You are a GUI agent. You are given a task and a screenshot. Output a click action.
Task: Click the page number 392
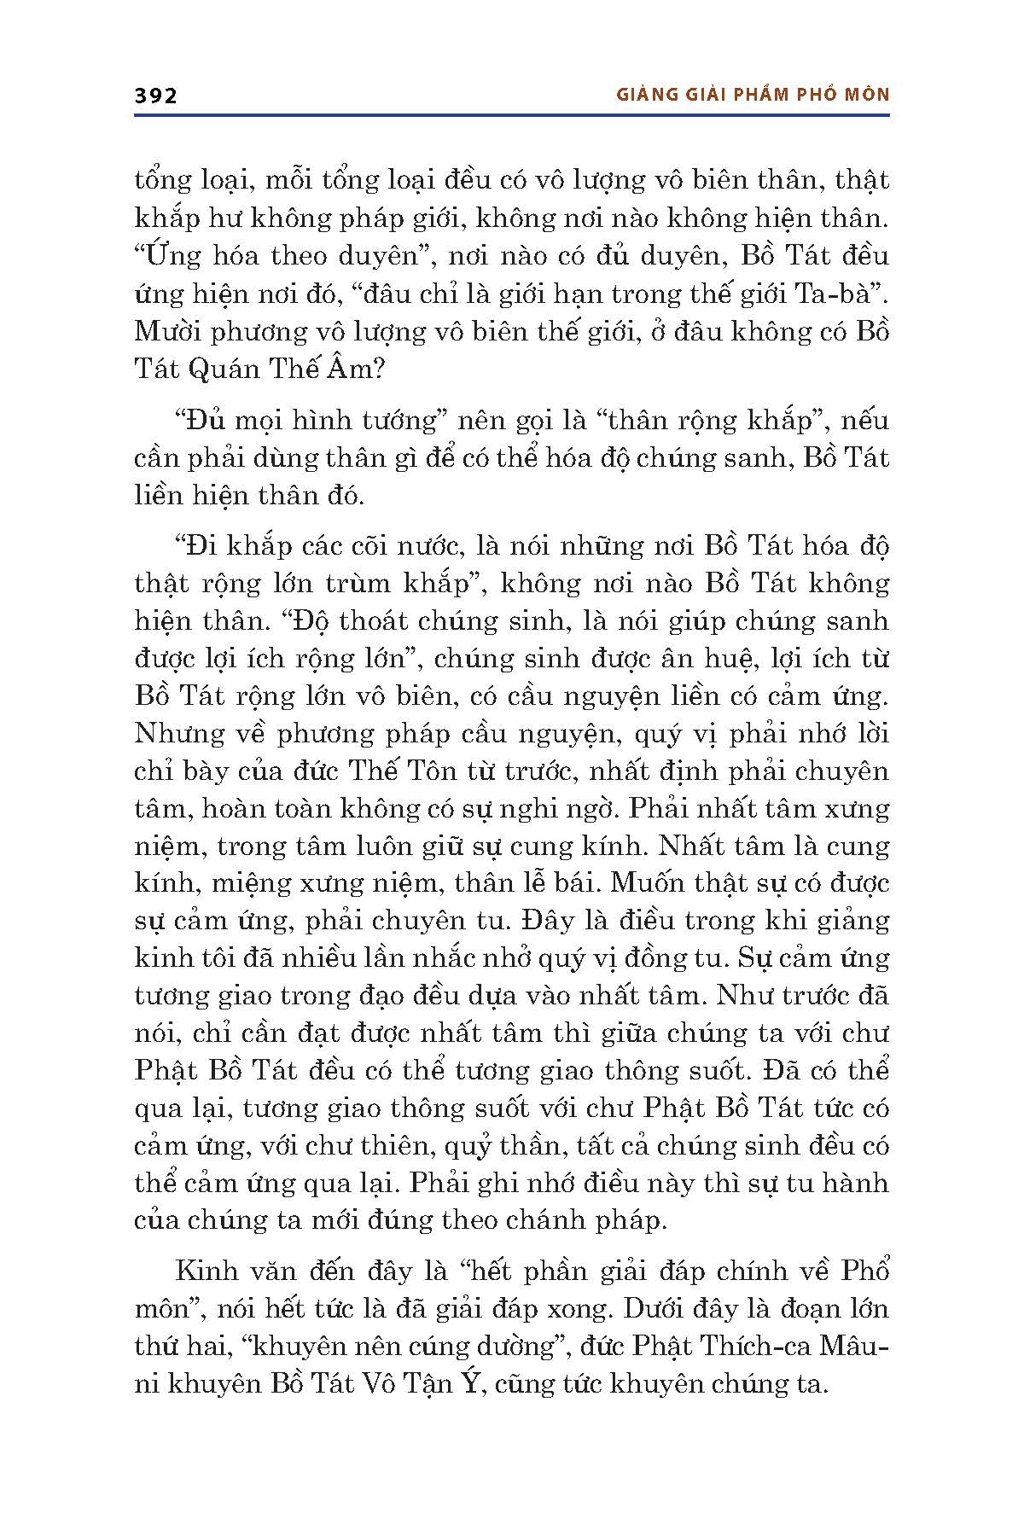pyautogui.click(x=155, y=96)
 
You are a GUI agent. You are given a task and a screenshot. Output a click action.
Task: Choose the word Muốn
pyautogui.click(x=672, y=883)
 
